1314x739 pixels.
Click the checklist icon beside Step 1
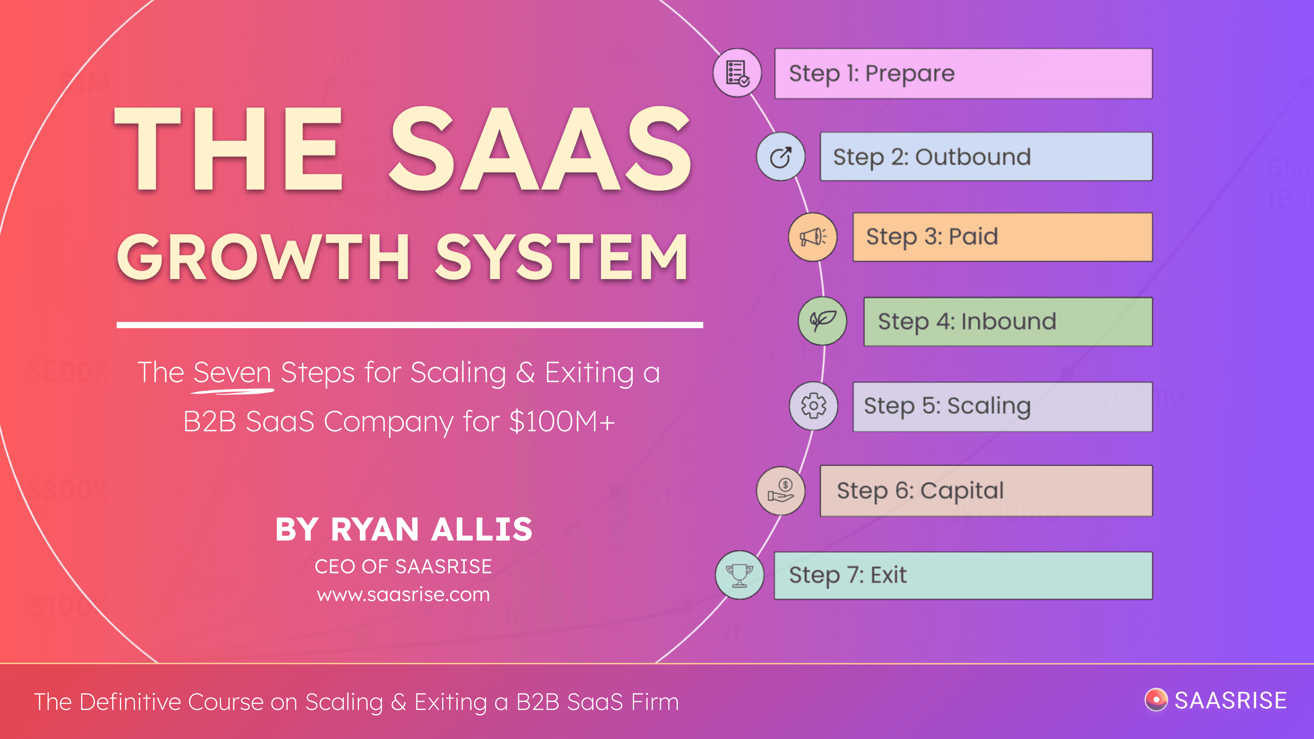click(737, 73)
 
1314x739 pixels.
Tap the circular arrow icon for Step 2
click(781, 157)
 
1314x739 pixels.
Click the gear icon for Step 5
click(813, 406)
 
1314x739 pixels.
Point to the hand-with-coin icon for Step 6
click(781, 491)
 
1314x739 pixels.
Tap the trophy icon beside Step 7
click(739, 575)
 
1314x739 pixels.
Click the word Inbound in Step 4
click(1009, 322)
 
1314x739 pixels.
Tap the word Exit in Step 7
click(889, 575)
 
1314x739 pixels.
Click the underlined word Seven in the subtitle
click(232, 373)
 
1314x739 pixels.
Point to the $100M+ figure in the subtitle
click(562, 422)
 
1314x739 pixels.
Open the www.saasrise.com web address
click(403, 595)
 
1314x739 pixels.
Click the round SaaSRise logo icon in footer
click(1156, 700)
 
